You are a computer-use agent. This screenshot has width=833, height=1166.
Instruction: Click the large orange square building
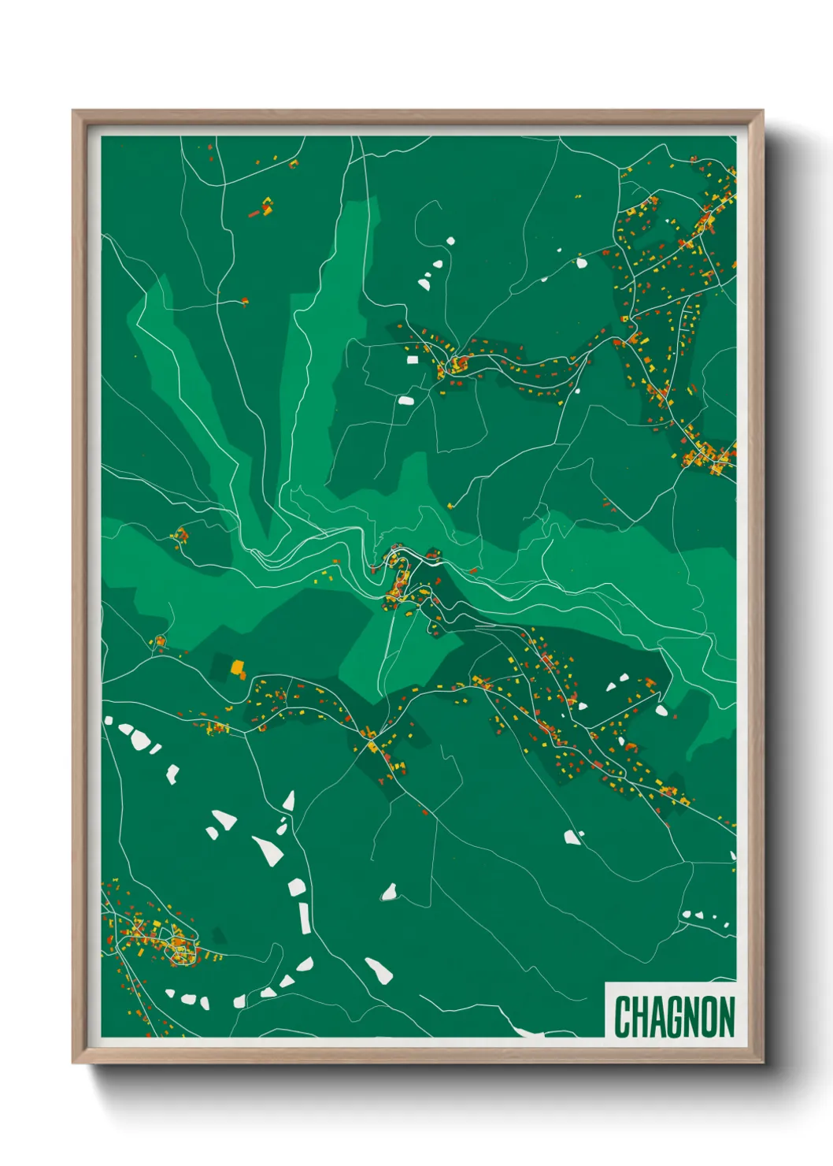tap(237, 668)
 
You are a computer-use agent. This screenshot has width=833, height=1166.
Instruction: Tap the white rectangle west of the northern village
tap(412, 360)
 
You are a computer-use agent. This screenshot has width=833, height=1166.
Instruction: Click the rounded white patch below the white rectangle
tap(406, 400)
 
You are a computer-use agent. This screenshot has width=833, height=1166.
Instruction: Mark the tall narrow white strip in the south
tap(304, 918)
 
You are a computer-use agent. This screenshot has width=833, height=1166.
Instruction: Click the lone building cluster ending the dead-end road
tap(244, 301)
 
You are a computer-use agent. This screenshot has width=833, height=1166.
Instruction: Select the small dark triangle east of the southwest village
tap(219, 935)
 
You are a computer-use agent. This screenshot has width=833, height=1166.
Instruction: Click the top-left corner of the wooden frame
tap(73, 111)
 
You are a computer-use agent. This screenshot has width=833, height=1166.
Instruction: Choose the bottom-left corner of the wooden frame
tap(73, 1063)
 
